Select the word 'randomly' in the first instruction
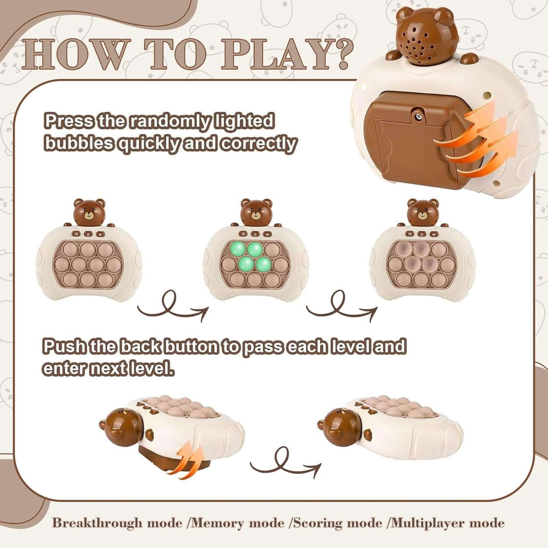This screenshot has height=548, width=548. (166, 121)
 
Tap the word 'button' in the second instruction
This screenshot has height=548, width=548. (195, 346)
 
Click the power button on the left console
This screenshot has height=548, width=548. (88, 234)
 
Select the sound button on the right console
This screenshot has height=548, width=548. (434, 234)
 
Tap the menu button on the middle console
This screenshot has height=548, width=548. (243, 234)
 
